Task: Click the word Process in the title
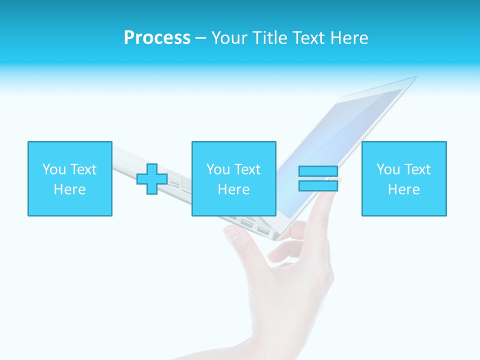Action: pos(157,38)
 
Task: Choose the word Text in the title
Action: pos(306,38)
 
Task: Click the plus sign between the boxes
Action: pos(152,179)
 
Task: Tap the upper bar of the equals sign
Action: pos(318,171)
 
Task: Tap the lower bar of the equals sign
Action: pos(318,185)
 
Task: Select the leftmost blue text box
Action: pos(70,178)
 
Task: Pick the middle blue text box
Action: pos(233,178)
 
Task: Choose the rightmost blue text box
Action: pos(404,178)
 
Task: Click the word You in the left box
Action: pos(54,169)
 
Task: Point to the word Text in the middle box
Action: pos(247,169)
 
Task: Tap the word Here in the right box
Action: pos(404,189)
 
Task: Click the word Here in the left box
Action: pos(70,189)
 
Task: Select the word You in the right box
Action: pos(388,169)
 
